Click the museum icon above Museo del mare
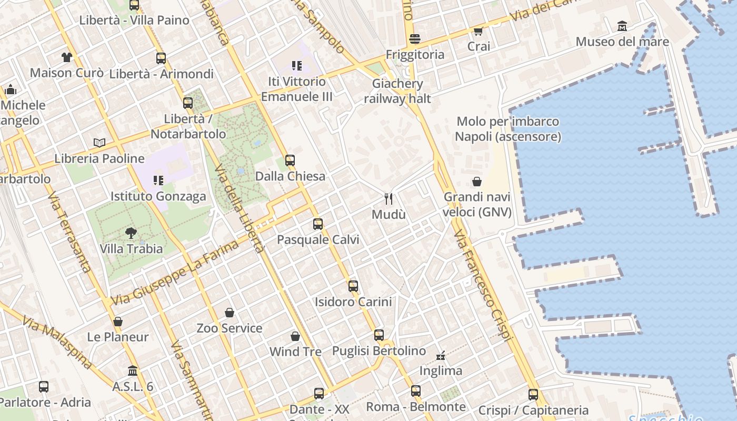click(x=622, y=26)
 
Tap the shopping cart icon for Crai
click(x=478, y=31)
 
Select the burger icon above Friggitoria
click(x=415, y=39)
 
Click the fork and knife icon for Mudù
click(x=389, y=198)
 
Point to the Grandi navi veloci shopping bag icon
click(x=477, y=182)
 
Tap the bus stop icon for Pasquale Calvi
click(x=318, y=224)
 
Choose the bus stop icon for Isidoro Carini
click(x=353, y=286)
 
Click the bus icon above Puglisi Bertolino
click(x=379, y=335)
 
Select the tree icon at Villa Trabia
click(x=131, y=233)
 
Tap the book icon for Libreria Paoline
click(x=99, y=143)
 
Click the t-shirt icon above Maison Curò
click(x=66, y=57)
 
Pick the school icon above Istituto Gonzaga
click(x=158, y=181)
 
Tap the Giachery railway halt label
click(x=397, y=91)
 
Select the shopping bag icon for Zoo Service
click(x=230, y=313)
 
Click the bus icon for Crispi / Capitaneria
click(x=533, y=395)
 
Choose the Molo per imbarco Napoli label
click(x=508, y=129)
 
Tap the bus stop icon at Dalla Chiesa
click(x=290, y=161)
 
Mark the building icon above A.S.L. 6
click(x=133, y=371)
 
